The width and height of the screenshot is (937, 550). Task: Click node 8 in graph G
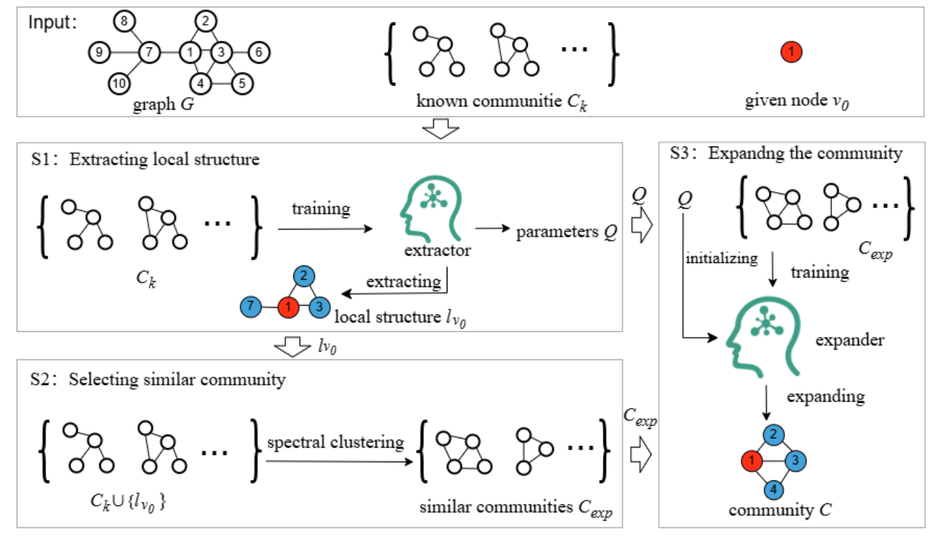click(x=123, y=22)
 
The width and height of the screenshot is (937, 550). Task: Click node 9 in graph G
click(x=98, y=52)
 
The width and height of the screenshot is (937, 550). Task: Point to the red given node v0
click(x=791, y=51)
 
